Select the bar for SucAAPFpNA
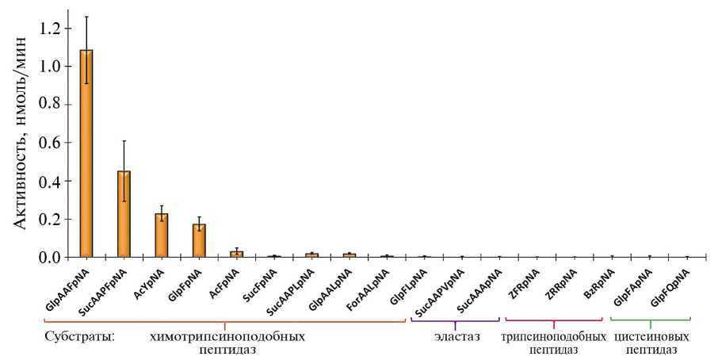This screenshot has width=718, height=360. point(124,214)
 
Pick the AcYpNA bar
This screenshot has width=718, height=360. point(162,236)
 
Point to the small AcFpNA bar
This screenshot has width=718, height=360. point(236,254)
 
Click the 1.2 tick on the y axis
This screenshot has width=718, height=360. point(51,29)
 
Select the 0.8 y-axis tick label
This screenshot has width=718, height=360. point(51,105)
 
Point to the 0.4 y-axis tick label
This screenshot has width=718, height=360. point(51,181)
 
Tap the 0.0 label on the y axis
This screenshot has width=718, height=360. point(51,258)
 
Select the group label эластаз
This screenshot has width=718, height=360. point(456,337)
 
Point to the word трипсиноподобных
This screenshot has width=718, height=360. point(554,337)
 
